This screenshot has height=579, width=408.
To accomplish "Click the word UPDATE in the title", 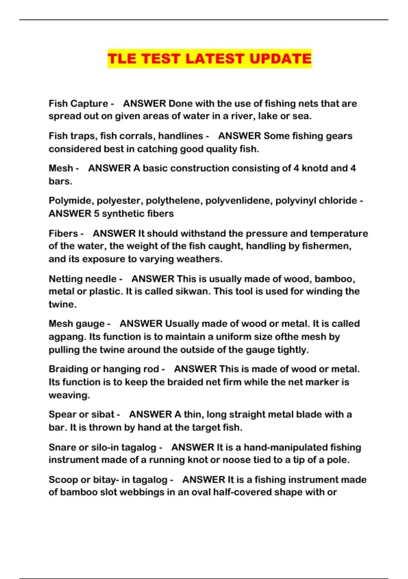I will [x=280, y=59].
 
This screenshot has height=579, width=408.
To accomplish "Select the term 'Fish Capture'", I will [x=78, y=104].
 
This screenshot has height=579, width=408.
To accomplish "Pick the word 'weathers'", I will [x=201, y=259].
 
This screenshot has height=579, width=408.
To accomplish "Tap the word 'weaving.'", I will [x=69, y=395].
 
